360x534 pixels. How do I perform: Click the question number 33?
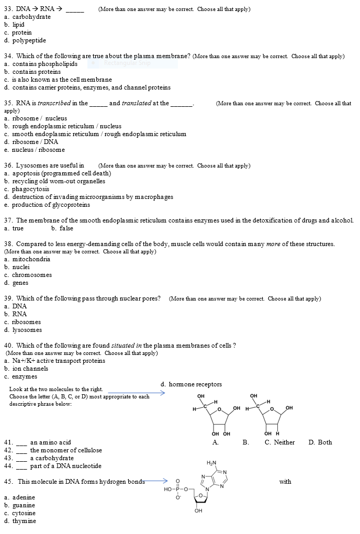8,9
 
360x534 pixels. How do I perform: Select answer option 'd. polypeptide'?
25,40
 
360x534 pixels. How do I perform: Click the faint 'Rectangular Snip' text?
127,63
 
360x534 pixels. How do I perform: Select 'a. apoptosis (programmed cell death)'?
57,173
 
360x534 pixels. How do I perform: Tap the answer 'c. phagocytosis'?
27,189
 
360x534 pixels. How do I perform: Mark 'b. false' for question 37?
62,228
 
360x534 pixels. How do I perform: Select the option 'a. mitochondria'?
27,259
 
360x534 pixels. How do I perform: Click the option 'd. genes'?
16,283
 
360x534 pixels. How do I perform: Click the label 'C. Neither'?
279,442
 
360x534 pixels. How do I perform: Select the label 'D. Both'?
320,442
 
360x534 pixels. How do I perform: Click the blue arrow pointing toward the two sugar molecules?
136,392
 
